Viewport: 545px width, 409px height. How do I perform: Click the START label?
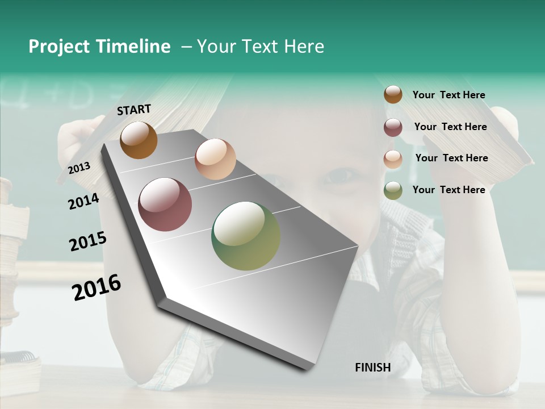tap(134, 110)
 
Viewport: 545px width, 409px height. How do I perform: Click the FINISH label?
tap(372, 368)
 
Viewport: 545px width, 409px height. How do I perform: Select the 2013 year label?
tap(79, 168)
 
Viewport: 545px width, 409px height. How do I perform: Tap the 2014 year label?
tap(83, 202)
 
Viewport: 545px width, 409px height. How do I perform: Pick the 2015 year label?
tap(88, 241)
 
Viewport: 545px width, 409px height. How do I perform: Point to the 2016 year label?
tap(97, 287)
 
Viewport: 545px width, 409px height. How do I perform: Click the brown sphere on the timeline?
tap(139, 140)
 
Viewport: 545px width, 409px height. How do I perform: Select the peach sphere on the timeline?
tap(215, 159)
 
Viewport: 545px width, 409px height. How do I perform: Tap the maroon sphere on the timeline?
tap(165, 204)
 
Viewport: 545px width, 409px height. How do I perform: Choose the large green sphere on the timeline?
tap(246, 236)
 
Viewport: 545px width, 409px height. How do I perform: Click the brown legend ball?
tap(393, 95)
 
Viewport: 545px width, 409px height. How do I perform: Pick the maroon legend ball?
tap(393, 127)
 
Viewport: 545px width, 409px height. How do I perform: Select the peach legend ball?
tap(393, 159)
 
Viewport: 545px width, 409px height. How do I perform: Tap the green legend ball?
tap(393, 191)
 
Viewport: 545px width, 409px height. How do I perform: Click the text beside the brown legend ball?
tap(448, 95)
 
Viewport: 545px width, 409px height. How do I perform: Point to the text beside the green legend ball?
tap(448, 190)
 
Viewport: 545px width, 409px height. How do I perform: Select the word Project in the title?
tap(58, 47)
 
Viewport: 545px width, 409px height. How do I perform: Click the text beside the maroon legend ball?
tap(450, 127)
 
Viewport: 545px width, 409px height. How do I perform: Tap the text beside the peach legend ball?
tap(451, 158)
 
